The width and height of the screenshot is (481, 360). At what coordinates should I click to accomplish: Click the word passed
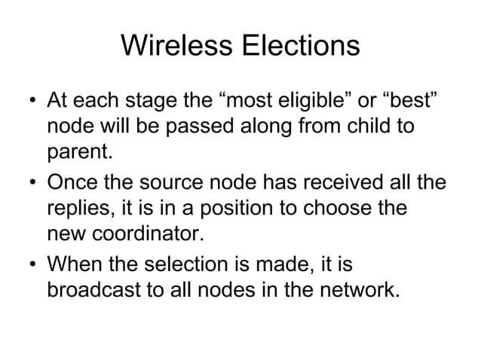[x=181, y=127]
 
